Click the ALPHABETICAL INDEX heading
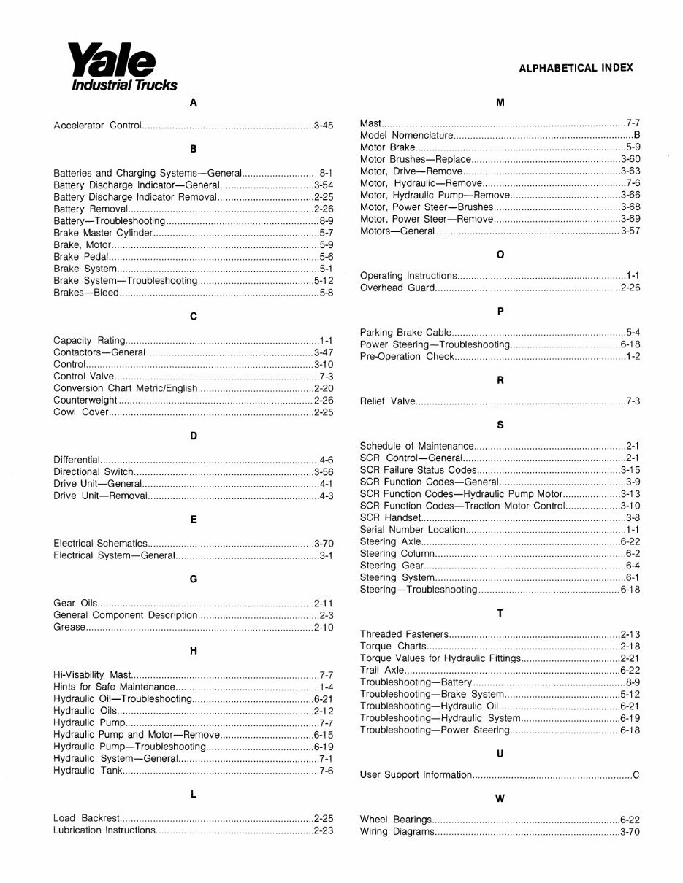(576, 68)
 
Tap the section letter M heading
(500, 102)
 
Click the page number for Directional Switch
(324, 472)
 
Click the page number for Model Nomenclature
(637, 136)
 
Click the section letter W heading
(500, 798)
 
